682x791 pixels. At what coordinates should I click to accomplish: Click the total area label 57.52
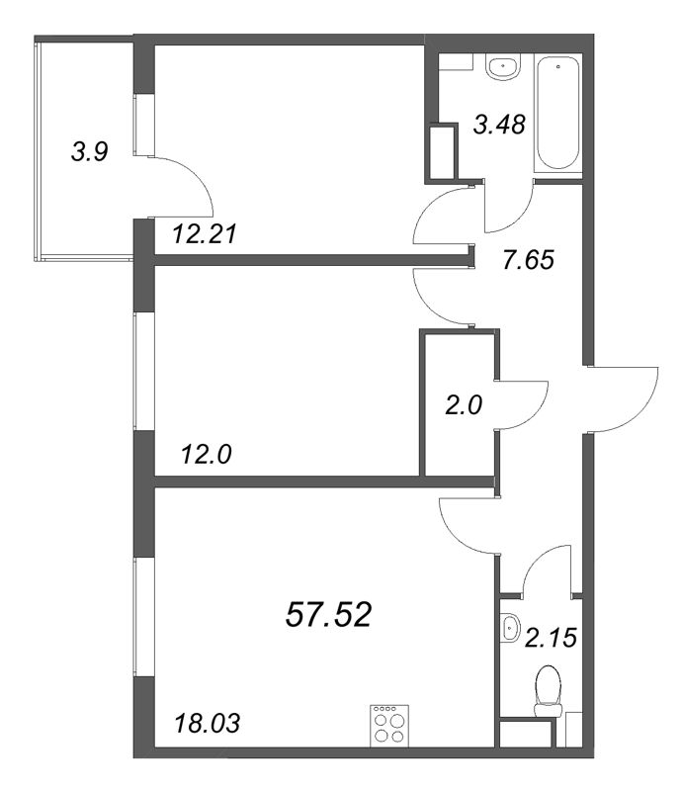[328, 615]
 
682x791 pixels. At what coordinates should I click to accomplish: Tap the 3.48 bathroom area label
[498, 126]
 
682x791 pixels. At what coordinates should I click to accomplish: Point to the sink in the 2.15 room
[510, 626]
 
